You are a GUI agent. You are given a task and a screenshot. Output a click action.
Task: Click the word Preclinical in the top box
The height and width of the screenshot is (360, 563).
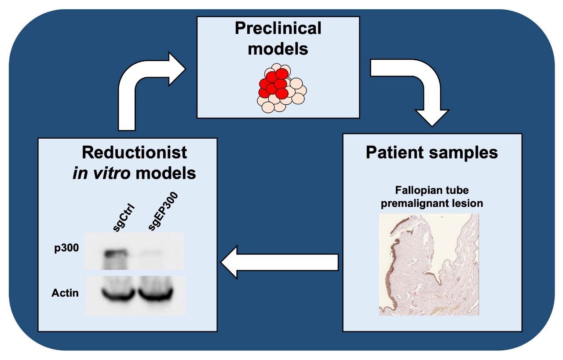pos(278,29)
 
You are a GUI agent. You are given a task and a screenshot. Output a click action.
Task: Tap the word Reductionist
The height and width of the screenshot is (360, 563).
pos(134,152)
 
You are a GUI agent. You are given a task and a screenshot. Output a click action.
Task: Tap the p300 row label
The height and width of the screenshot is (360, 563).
pos(66,248)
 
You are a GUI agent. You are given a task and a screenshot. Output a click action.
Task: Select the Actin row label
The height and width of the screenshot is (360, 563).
pos(65,292)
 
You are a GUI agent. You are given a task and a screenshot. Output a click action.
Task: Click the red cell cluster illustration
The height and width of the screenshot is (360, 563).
pos(273,84)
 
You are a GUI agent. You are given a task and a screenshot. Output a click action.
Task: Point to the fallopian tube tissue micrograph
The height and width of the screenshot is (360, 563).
pos(429,264)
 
